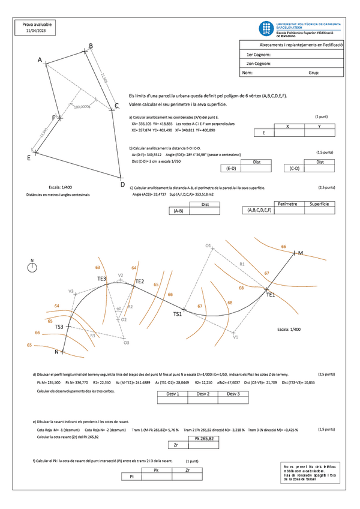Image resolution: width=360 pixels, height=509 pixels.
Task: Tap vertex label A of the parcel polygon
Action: point(40,60)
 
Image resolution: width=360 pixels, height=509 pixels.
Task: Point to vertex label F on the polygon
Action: point(53,118)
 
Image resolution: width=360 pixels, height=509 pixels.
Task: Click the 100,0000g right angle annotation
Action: point(82,107)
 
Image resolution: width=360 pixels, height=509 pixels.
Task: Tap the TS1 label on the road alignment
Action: point(178,314)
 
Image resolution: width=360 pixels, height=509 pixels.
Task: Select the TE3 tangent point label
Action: point(101,279)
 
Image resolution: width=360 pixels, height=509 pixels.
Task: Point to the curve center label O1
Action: point(208,245)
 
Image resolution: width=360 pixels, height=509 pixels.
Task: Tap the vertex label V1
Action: point(236,337)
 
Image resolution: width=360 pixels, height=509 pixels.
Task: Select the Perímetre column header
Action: point(287,204)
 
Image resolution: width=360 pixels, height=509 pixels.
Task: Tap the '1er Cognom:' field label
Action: point(259,54)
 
